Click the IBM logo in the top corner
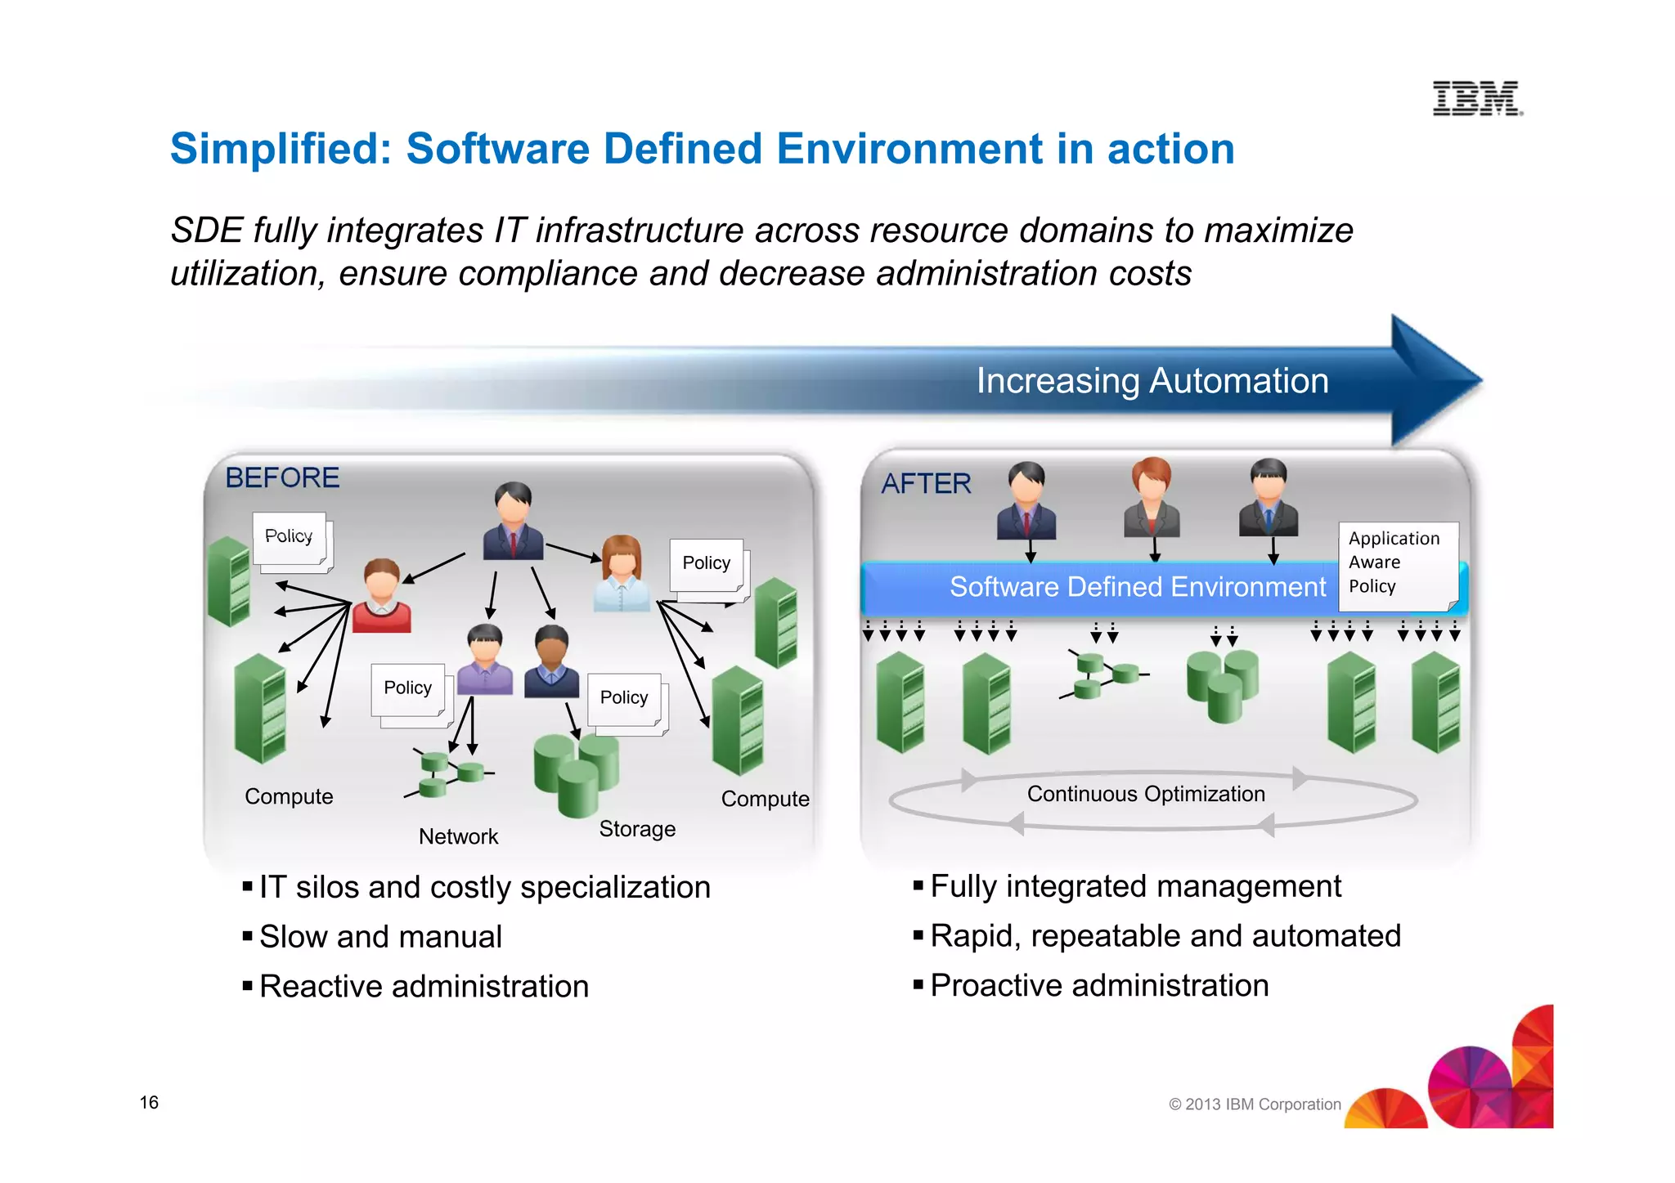(x=1477, y=99)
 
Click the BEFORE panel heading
(x=282, y=477)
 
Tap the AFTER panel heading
(x=926, y=484)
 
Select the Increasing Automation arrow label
(x=1152, y=381)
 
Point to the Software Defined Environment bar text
(x=1137, y=587)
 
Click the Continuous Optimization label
(x=1146, y=794)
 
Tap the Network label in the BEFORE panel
(x=458, y=836)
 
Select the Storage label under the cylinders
(x=637, y=829)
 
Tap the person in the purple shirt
(x=485, y=660)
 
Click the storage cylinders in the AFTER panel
(x=1223, y=685)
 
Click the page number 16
(x=149, y=1102)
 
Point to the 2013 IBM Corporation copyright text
(x=1255, y=1105)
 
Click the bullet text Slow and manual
(x=380, y=937)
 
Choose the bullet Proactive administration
(x=1099, y=986)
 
